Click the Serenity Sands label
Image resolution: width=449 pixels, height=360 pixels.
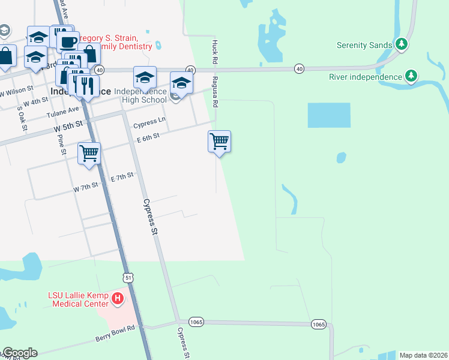click(x=364, y=44)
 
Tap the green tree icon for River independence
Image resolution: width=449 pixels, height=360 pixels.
click(x=411, y=76)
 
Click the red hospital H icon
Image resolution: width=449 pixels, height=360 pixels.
click(x=118, y=298)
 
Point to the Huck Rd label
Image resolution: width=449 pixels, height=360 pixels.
click(x=214, y=52)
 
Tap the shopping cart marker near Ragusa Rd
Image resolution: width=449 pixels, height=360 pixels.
click(x=220, y=142)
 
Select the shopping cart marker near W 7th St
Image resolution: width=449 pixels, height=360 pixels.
click(x=89, y=153)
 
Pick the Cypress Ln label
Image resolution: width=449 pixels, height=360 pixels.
click(x=149, y=124)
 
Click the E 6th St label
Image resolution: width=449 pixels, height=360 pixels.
click(x=148, y=137)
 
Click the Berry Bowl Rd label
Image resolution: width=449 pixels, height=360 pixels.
click(x=115, y=334)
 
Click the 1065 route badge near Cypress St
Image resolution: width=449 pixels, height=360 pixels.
click(x=196, y=322)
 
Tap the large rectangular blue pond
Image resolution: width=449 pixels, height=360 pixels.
click(x=329, y=115)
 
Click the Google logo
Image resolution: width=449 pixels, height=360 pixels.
click(x=19, y=353)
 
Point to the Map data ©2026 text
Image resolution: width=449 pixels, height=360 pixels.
click(x=424, y=355)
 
